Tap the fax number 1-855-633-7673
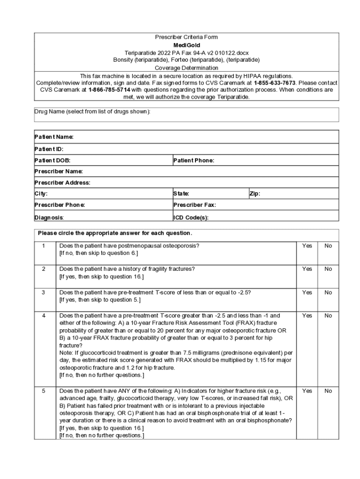pyautogui.click(x=274, y=83)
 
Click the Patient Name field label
pyautogui.click(x=54, y=137)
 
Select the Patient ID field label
pyautogui.click(x=49, y=149)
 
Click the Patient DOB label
pyautogui.click(x=53, y=160)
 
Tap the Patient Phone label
pyautogui.click(x=194, y=160)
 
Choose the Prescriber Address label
pyautogui.click(x=63, y=182)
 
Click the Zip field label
pyautogui.click(x=255, y=194)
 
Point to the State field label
pyautogui.click(x=181, y=194)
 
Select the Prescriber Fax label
pyautogui.click(x=195, y=205)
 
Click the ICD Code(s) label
pyautogui.click(x=191, y=218)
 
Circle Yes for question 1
pyautogui.click(x=307, y=246)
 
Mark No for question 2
pyautogui.click(x=328, y=269)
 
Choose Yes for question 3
pyautogui.click(x=307, y=292)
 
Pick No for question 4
pyautogui.click(x=328, y=316)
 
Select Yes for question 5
pyautogui.click(x=307, y=391)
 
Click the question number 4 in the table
pyautogui.click(x=44, y=316)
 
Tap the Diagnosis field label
pyautogui.click(x=49, y=218)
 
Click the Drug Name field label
pyautogui.click(x=92, y=112)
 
